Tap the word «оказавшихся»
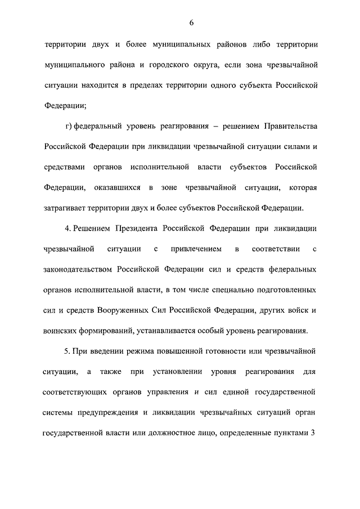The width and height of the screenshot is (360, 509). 120,187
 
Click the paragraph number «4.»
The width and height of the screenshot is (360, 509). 69,228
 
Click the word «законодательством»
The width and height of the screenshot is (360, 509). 79,269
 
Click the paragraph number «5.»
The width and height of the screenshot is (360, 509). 69,351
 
